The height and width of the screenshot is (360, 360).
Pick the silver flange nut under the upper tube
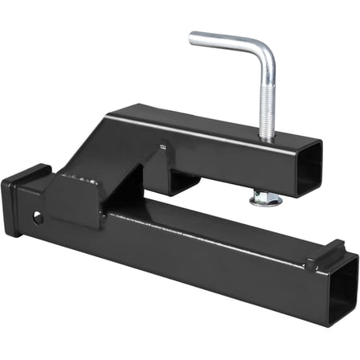coord(266,198)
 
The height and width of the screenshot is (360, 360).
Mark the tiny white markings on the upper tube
coord(162,146)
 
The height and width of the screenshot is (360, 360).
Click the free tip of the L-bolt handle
coord(193,37)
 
